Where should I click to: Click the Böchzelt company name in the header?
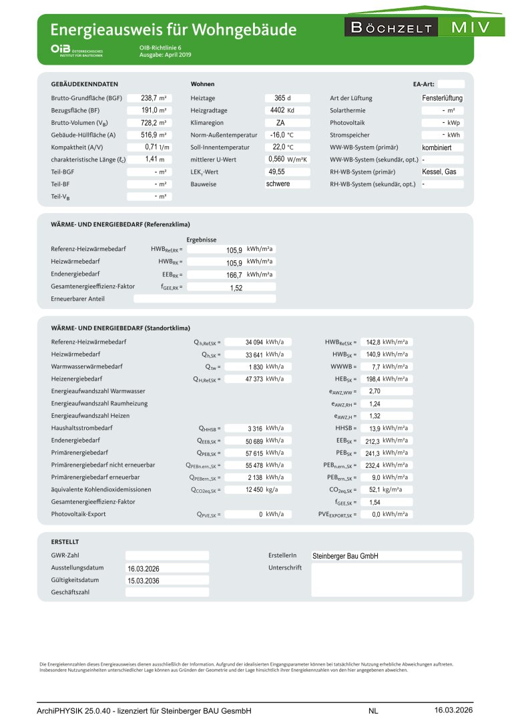[x=391, y=28]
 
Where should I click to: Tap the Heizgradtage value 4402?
[x=278, y=110]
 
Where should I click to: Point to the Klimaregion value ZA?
[x=281, y=123]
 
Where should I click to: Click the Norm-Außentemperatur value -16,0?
[x=278, y=135]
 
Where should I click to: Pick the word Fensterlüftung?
[x=443, y=98]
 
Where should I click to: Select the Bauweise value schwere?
[x=278, y=184]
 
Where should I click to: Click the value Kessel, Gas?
[x=439, y=172]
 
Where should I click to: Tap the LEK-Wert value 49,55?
[x=277, y=172]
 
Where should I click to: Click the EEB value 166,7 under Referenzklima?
[x=234, y=275]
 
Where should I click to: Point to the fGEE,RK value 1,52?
[x=236, y=288]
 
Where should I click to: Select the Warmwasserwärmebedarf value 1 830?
[x=254, y=367]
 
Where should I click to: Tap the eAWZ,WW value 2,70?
[x=374, y=391]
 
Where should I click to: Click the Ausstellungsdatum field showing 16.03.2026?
[x=144, y=569]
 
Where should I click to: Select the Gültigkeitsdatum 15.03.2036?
[x=144, y=581]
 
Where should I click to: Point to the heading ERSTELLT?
[x=65, y=542]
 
